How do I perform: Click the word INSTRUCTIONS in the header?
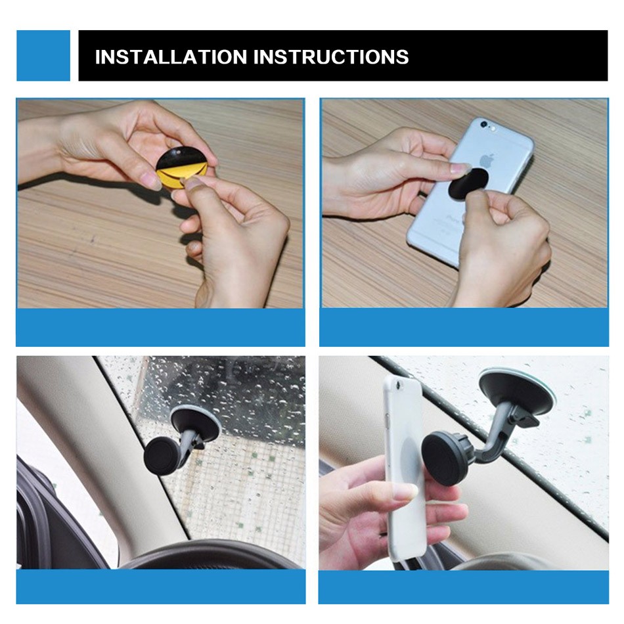point(331,57)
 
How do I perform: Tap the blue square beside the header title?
point(43,56)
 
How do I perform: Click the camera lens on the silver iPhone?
point(484,124)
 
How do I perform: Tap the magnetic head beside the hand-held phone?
point(446,458)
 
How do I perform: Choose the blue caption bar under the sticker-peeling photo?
point(160,327)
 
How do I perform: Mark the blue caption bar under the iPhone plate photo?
point(464,327)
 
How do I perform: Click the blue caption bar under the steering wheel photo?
point(160,586)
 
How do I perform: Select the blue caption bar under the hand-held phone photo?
point(464,586)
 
